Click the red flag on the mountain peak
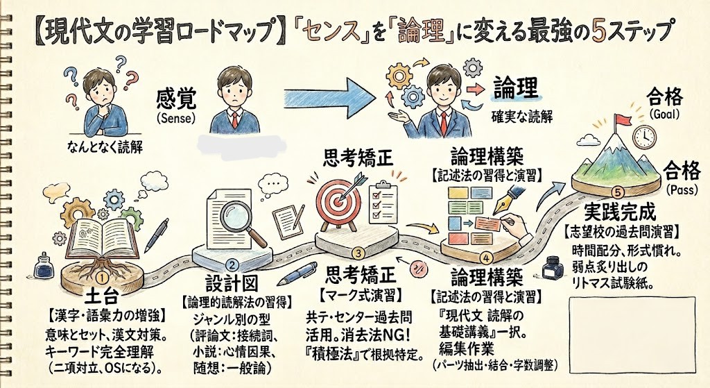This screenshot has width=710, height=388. [622, 119]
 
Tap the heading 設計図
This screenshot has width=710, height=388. [225, 285]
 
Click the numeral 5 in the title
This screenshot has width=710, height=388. [609, 31]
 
